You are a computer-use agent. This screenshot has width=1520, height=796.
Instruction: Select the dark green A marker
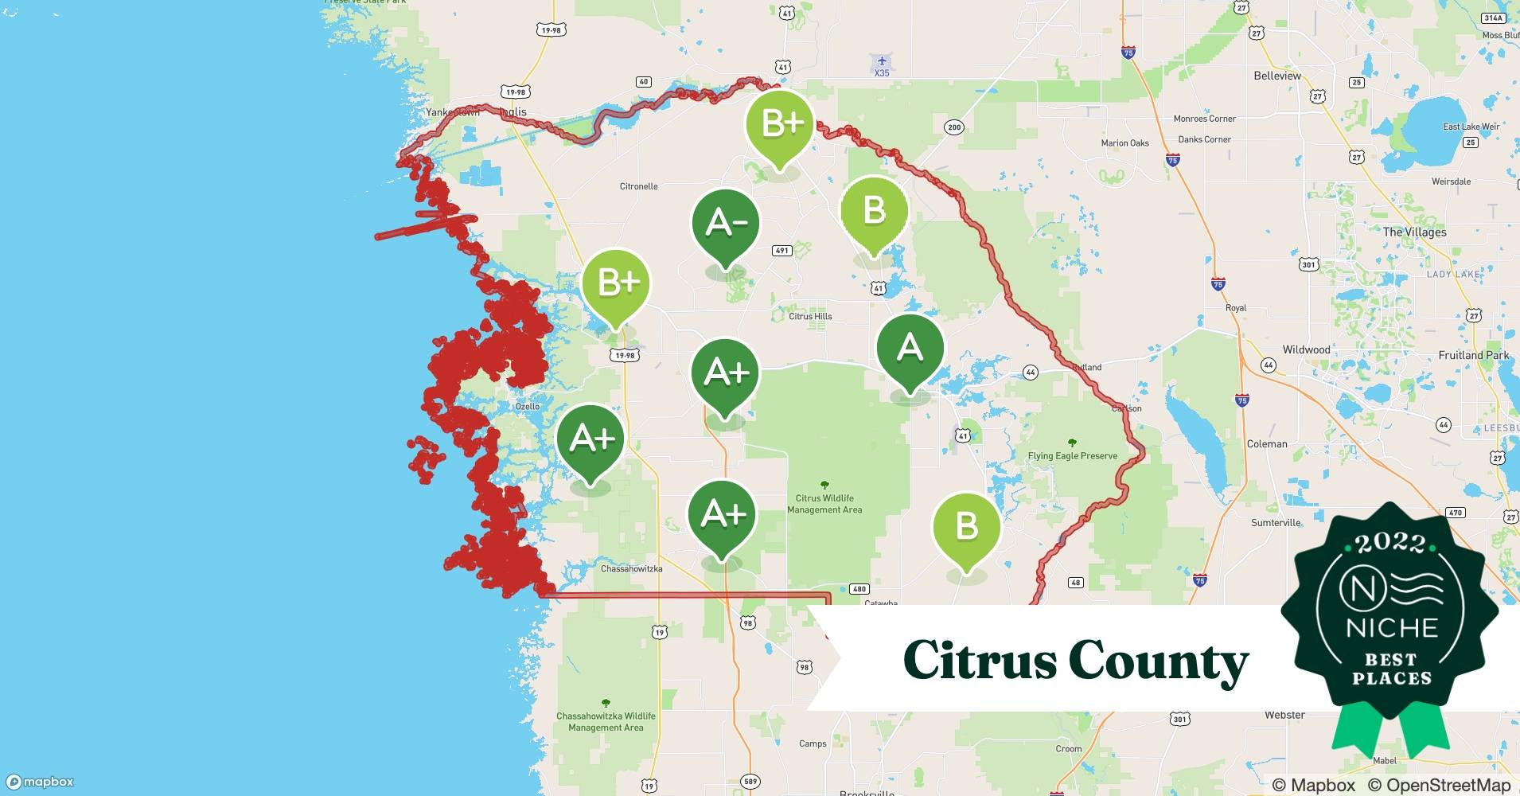(x=910, y=349)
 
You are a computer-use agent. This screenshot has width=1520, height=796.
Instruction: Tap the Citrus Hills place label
(x=810, y=316)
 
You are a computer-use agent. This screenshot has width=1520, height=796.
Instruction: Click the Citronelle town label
(x=638, y=186)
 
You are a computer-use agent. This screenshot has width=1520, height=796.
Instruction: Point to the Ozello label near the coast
(x=527, y=406)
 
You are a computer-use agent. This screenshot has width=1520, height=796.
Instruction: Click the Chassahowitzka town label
(x=631, y=568)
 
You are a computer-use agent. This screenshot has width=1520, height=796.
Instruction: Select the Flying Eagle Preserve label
(x=1072, y=456)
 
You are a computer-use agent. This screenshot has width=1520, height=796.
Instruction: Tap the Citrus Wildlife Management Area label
(x=824, y=504)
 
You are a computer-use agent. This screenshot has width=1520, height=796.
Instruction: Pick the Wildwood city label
(x=1306, y=349)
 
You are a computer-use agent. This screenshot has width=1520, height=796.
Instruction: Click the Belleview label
(x=1276, y=76)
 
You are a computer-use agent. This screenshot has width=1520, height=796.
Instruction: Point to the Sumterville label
(x=1275, y=523)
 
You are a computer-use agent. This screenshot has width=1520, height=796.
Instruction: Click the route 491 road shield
(x=781, y=251)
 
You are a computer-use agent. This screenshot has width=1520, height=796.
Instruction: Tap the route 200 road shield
(x=953, y=127)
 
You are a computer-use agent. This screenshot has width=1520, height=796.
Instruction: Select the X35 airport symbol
(x=881, y=62)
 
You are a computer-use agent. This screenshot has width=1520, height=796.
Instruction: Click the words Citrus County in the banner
(x=1075, y=661)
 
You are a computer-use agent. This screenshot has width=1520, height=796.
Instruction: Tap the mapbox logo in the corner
(x=40, y=782)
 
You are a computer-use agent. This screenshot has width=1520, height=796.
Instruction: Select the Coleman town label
(x=1266, y=444)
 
